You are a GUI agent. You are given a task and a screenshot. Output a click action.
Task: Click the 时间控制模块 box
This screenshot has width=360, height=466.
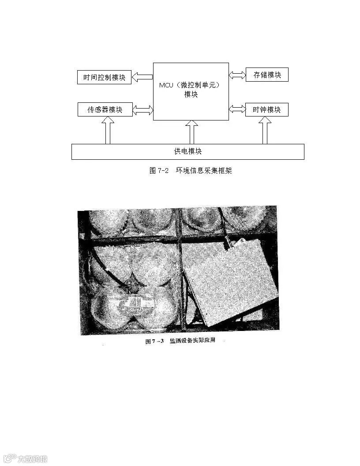click(x=104, y=77)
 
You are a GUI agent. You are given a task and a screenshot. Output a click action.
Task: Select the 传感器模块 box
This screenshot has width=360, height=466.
click(x=105, y=109)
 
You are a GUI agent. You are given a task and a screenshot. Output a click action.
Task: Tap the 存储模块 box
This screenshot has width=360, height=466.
click(x=266, y=75)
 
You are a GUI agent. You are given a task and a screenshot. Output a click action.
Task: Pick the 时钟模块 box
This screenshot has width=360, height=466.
click(x=266, y=109)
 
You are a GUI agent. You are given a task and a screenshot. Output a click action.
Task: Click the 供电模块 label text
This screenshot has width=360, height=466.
click(x=188, y=151)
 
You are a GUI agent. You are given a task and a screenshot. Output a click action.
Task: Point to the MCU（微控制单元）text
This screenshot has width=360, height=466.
click(x=189, y=85)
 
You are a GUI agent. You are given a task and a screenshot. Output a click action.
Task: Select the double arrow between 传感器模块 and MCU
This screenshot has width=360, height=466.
click(x=143, y=109)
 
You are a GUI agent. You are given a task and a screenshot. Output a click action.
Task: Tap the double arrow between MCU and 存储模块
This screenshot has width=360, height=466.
click(x=237, y=75)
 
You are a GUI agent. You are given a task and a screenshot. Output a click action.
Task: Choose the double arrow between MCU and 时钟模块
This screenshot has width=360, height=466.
click(x=237, y=109)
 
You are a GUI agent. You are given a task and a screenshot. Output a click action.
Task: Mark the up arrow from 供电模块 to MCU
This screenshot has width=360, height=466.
click(x=191, y=132)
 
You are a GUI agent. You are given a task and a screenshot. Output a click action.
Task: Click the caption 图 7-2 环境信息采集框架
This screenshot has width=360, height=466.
click(x=191, y=171)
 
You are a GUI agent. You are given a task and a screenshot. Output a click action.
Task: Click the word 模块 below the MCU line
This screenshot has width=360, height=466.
click(x=191, y=94)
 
